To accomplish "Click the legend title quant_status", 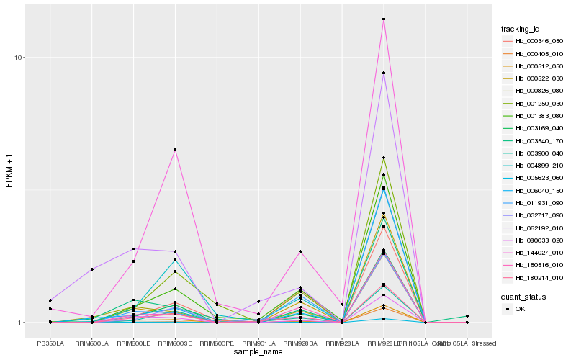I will pyautogui.click(x=523, y=296).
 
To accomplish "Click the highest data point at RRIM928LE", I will pyautogui.click(x=384, y=19).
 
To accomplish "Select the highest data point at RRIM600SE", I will pyautogui.click(x=175, y=150).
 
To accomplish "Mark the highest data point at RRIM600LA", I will pyautogui.click(x=92, y=269).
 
